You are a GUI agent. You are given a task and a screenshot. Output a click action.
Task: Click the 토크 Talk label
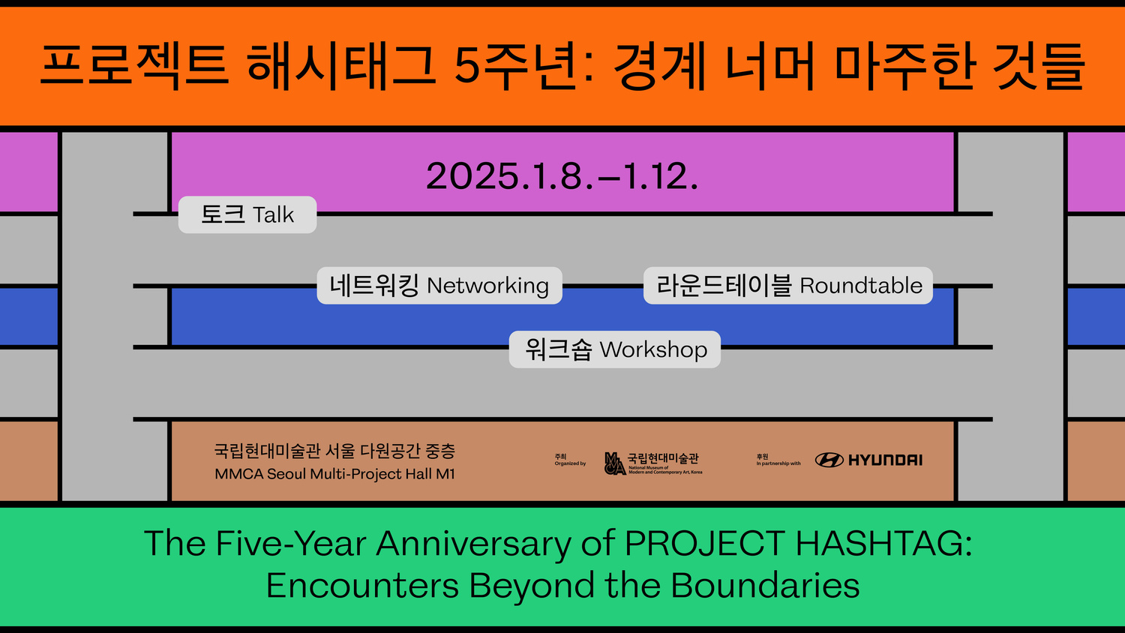(247, 214)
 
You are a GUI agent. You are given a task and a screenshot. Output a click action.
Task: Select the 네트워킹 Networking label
(439, 285)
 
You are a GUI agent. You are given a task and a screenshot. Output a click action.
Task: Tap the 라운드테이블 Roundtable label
(788, 285)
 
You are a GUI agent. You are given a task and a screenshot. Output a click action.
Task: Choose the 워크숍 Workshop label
(615, 349)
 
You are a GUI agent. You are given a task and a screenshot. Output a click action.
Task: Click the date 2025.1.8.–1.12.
(562, 175)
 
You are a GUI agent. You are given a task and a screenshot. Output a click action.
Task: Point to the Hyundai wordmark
(886, 460)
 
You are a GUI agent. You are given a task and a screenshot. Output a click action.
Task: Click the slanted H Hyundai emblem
(829, 460)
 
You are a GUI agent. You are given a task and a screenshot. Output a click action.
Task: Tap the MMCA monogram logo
(615, 463)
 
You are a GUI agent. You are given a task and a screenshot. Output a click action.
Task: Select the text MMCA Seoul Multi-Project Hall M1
(335, 474)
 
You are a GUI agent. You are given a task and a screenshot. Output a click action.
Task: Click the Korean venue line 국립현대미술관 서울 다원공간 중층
(335, 451)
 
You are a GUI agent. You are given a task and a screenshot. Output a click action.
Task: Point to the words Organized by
(570, 463)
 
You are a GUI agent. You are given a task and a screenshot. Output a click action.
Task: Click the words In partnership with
(778, 463)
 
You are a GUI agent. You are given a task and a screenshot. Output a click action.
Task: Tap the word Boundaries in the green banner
(765, 585)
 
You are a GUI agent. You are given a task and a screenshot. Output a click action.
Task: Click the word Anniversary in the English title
(473, 544)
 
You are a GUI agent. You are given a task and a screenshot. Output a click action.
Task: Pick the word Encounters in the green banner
(362, 585)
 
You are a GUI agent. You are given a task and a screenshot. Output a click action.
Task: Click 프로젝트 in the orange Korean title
(134, 67)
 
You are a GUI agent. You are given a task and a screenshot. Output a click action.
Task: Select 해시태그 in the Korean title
(341, 67)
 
